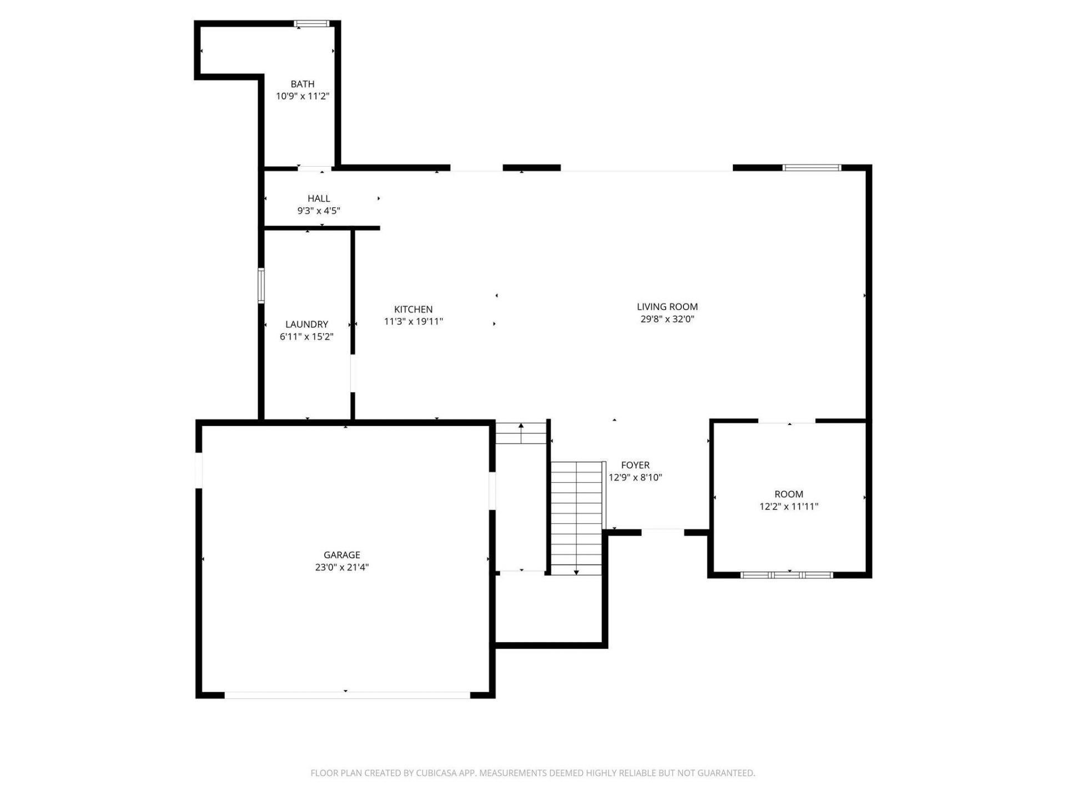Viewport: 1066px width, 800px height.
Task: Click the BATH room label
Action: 303,84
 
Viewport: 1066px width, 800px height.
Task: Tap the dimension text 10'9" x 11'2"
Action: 303,96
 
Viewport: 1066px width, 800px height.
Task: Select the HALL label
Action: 319,198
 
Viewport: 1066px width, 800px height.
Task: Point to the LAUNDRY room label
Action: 306,324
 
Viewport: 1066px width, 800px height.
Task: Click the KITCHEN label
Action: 413,309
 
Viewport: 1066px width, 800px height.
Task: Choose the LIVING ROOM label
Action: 667,307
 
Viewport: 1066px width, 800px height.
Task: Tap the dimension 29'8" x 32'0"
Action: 667,319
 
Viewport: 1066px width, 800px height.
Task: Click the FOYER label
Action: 635,465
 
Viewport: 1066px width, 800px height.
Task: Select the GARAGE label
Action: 342,554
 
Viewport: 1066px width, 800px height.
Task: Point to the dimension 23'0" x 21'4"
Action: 342,567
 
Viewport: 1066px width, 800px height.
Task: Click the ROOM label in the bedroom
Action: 788,494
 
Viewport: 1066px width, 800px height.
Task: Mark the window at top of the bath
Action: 311,24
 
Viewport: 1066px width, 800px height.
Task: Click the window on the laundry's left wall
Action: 261,286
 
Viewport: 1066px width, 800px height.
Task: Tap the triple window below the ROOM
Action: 787,574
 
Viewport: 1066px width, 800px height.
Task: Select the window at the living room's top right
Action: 812,168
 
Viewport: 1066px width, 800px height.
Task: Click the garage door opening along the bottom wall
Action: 347,694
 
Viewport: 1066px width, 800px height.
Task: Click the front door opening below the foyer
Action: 662,532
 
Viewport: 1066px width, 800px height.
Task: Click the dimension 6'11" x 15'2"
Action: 306,337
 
